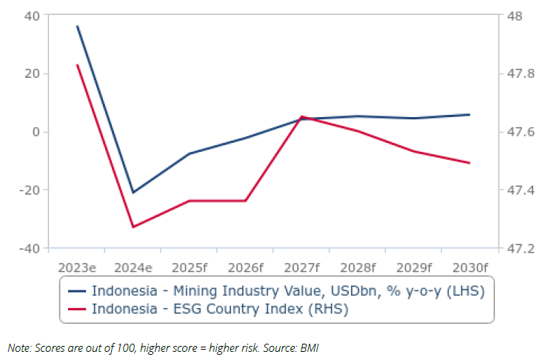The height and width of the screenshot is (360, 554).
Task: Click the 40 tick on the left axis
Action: pyautogui.click(x=32, y=16)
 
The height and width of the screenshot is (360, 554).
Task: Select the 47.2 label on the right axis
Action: pyautogui.click(x=516, y=248)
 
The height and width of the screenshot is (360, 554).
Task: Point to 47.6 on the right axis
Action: pyautogui.click(x=516, y=132)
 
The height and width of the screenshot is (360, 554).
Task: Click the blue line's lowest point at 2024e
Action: pyautogui.click(x=133, y=193)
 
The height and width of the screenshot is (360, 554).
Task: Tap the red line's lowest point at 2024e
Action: pyautogui.click(x=133, y=227)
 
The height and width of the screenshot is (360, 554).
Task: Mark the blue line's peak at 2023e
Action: pyautogui.click(x=77, y=26)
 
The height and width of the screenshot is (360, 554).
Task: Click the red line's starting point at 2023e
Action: pyautogui.click(x=77, y=65)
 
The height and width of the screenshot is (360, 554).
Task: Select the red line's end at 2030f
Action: pyautogui.click(x=470, y=163)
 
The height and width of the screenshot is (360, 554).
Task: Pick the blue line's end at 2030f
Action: pyautogui.click(x=470, y=115)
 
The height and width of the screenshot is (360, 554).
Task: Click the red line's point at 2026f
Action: pyautogui.click(x=245, y=201)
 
